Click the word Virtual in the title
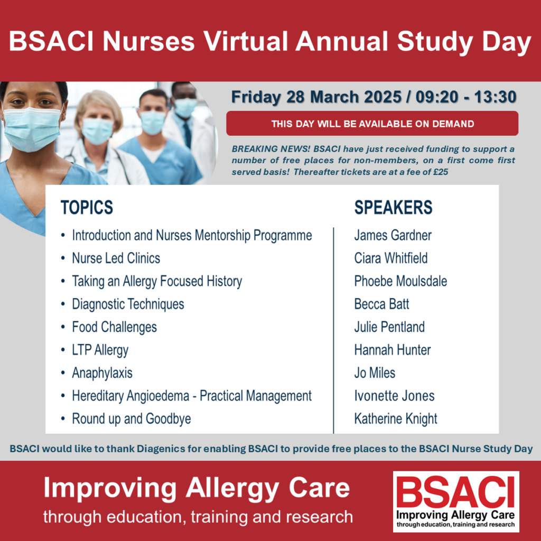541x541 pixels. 246,41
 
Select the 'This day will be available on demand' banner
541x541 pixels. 372,124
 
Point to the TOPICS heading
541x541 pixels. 87,207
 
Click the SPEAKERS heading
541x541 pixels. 393,207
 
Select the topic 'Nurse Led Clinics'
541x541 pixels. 116,258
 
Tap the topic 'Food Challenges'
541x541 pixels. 114,327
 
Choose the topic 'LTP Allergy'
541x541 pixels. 100,350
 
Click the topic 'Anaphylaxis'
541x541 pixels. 102,373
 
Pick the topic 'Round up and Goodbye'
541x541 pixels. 132,419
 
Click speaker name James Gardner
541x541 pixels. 393,235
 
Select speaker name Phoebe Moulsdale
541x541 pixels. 400,281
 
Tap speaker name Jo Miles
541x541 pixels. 375,373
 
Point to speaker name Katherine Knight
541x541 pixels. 396,419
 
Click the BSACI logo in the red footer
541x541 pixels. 456,501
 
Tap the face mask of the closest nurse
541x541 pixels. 32,129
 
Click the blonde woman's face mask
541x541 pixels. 98,130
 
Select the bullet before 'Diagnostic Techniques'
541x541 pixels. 63,304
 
